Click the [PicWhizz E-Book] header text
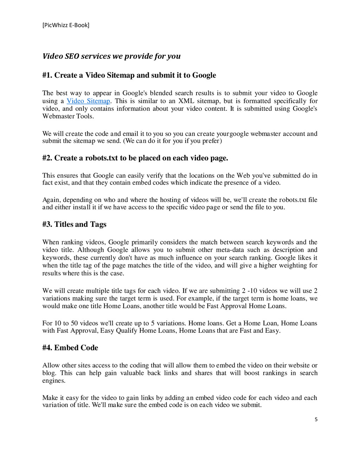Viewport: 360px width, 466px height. point(66,25)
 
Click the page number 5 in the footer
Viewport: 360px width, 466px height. point(316,419)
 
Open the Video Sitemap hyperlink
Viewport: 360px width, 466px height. point(88,101)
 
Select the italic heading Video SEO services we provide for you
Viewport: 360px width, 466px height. point(111,56)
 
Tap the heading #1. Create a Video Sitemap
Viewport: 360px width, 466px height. point(129,75)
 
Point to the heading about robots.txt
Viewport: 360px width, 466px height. point(135,158)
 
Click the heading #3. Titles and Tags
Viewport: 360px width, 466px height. point(74,224)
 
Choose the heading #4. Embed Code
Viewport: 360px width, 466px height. point(70,348)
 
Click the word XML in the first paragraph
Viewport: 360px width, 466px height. point(186,101)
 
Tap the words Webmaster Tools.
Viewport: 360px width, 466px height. point(68,116)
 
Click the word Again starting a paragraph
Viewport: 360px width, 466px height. point(51,200)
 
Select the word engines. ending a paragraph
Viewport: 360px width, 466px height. point(54,381)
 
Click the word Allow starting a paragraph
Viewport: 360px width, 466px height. point(51,365)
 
